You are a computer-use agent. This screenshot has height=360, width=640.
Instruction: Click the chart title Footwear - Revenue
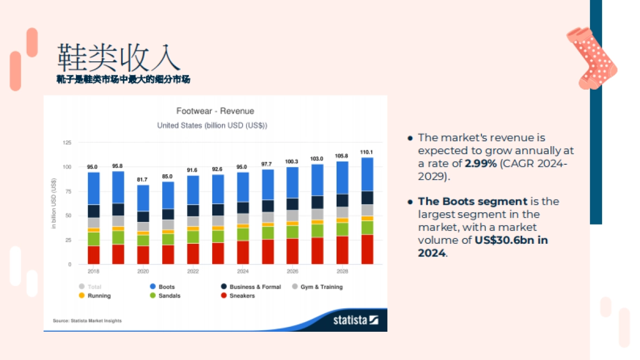pos(215,111)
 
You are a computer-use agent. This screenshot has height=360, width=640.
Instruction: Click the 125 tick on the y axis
pos(67,142)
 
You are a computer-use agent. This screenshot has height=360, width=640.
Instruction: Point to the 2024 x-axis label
pos(243,271)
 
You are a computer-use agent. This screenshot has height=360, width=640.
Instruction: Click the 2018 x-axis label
pos(93,271)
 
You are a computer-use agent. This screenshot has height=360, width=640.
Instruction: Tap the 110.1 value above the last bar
pos(367,152)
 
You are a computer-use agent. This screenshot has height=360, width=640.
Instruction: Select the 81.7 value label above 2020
pos(143,180)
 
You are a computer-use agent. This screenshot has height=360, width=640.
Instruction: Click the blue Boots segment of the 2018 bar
pos(93,188)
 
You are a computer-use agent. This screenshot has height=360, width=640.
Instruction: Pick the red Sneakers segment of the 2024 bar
pos(243,252)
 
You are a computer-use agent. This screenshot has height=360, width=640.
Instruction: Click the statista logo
pos(356,320)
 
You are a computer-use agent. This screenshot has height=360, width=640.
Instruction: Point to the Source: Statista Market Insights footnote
pos(87,321)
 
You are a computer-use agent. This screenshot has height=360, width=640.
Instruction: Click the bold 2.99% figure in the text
pos(481,164)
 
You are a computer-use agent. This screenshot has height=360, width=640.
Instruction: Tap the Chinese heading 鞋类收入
pos(118,57)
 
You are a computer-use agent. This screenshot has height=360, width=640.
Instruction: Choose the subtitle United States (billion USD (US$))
pos(212,126)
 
